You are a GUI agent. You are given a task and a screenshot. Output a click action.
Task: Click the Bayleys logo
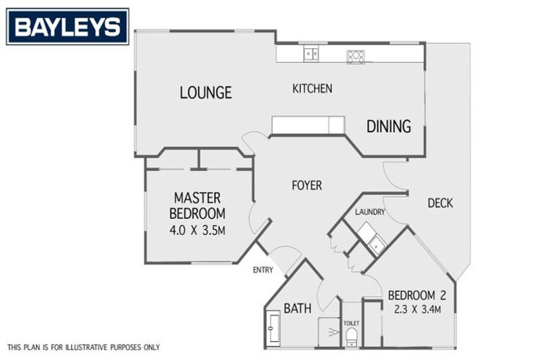[67, 27]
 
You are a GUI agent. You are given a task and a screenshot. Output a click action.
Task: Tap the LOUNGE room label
[205, 93]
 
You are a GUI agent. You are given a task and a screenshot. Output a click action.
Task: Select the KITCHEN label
[312, 89]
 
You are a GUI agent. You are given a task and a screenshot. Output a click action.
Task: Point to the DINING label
[389, 127]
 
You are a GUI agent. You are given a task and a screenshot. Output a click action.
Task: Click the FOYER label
[307, 186]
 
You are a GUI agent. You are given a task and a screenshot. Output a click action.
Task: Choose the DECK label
[440, 203]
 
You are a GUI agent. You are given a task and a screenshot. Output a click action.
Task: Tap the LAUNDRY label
[368, 212]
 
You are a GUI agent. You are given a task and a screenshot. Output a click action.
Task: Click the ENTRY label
[264, 269]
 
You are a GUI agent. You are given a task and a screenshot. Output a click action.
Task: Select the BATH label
[297, 308]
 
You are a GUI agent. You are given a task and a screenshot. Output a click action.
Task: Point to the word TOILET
[351, 323]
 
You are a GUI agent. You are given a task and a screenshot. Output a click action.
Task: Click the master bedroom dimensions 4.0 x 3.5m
[198, 230]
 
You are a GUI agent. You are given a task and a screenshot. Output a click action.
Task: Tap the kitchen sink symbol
[311, 53]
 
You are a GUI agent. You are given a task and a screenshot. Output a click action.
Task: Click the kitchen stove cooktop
[356, 56]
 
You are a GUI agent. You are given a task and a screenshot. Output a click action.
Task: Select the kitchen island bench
[308, 125]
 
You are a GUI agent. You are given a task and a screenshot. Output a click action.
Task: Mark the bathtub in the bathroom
[273, 329]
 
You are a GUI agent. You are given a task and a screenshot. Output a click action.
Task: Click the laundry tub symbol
[377, 243]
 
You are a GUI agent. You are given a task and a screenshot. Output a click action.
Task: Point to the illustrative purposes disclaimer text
[84, 347]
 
